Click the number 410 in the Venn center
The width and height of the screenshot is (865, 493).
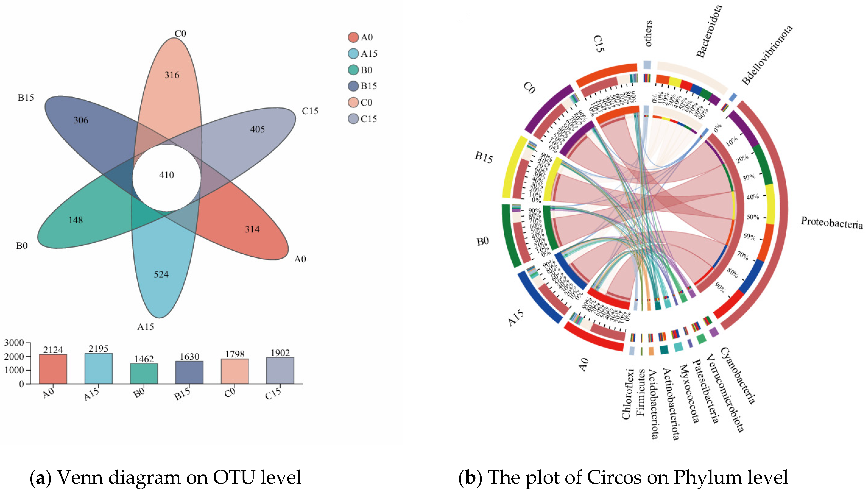[166, 175]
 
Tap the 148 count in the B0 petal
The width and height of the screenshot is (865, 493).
[76, 220]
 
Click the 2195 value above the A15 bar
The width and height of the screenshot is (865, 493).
[98, 349]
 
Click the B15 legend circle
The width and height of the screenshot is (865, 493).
[353, 86]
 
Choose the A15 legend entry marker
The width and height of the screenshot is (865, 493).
[353, 54]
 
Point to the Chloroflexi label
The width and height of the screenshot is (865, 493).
[627, 394]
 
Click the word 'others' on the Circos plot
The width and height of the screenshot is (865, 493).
[648, 33]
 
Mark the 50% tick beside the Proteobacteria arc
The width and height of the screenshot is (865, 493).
[753, 217]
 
